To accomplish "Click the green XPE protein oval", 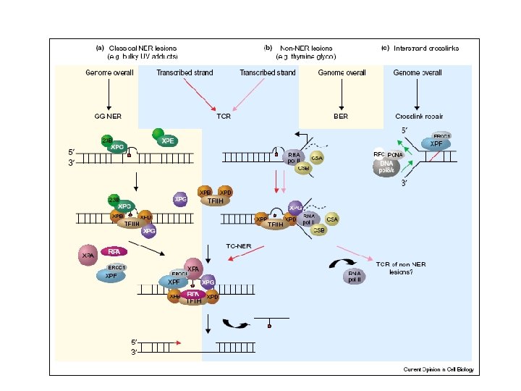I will [x=167, y=139].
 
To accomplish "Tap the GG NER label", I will [x=108, y=115].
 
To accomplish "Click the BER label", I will [x=341, y=115].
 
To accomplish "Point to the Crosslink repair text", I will [x=415, y=115].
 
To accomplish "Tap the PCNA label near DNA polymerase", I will [x=394, y=154].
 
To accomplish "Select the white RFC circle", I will [x=378, y=154].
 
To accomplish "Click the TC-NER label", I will [x=239, y=245].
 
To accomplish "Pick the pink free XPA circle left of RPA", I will [x=89, y=255].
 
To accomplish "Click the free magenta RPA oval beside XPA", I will [x=114, y=251].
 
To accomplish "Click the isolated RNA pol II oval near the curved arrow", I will [x=354, y=274].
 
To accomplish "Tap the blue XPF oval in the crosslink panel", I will [x=436, y=143].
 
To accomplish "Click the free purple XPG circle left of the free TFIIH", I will [x=181, y=198].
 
